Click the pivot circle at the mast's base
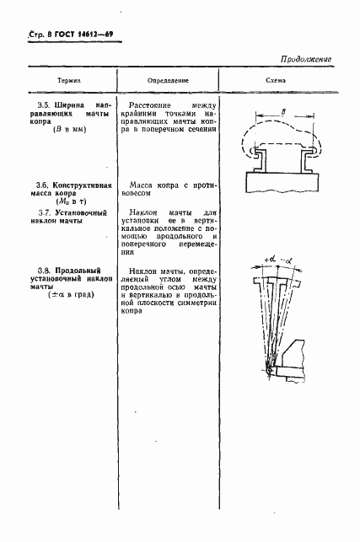[269, 368]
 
